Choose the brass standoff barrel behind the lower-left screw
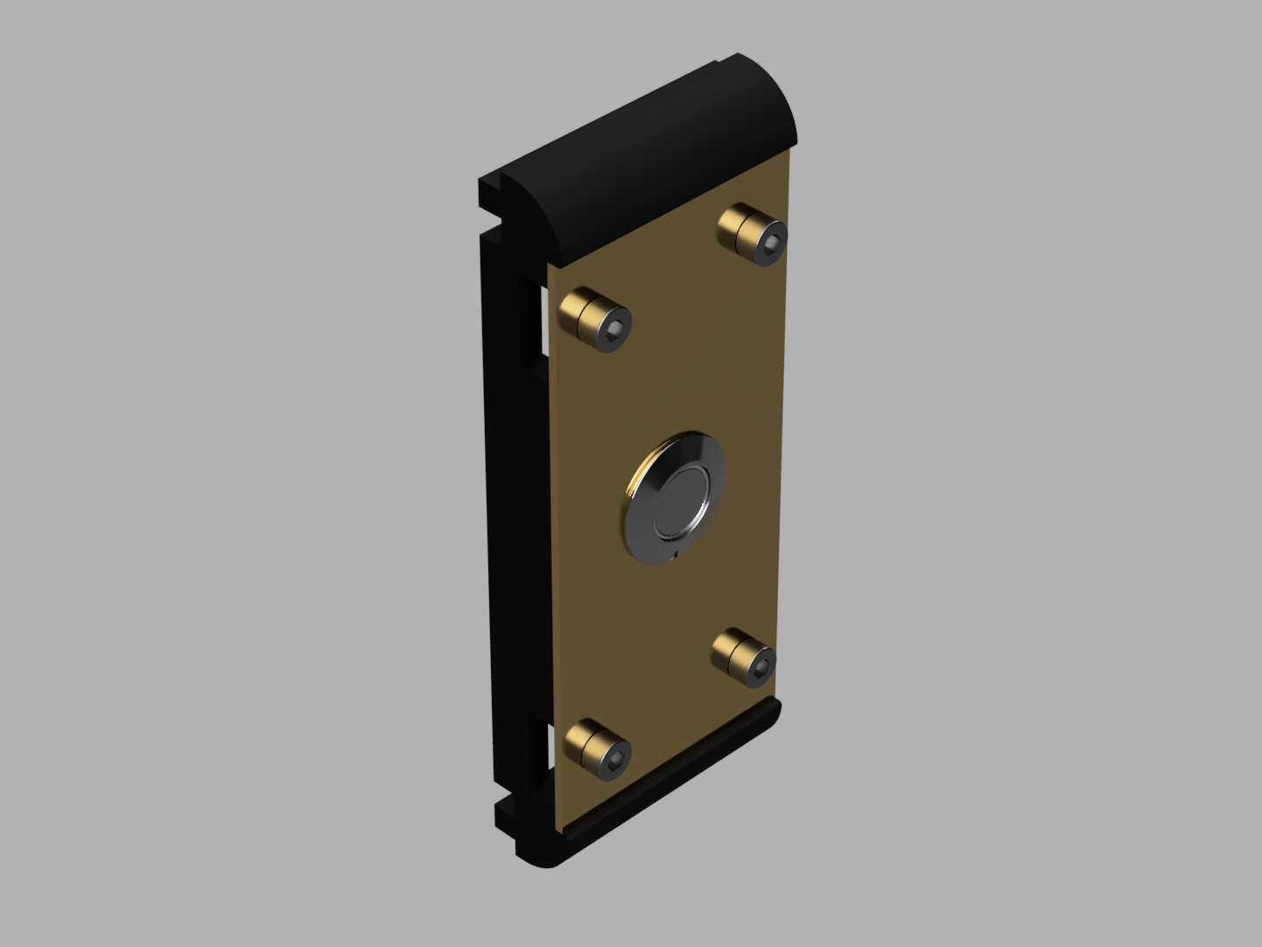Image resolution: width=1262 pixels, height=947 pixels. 584,741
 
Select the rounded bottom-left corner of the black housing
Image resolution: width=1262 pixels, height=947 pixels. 536,858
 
